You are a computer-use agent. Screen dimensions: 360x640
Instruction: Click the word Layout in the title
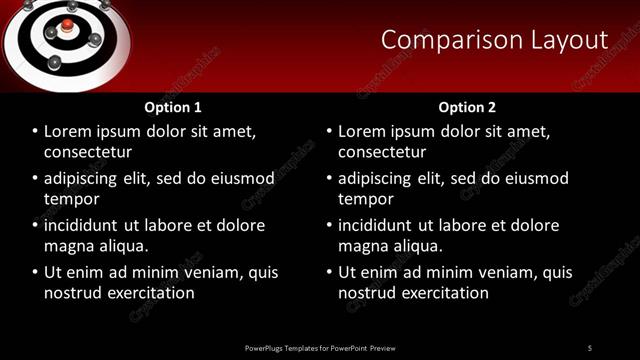(x=568, y=40)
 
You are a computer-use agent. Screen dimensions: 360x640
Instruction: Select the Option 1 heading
(x=173, y=107)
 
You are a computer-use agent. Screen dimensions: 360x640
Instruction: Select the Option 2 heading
(x=467, y=107)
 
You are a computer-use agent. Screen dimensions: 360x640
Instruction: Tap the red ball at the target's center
(x=66, y=25)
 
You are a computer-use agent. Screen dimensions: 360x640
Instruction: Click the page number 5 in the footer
(x=589, y=347)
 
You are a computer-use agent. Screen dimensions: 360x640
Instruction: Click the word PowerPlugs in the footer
(x=269, y=347)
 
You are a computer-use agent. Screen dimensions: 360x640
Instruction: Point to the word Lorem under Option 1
(x=69, y=131)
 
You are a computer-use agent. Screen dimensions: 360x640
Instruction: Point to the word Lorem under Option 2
(x=363, y=131)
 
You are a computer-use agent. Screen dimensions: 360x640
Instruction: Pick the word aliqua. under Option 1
(x=122, y=245)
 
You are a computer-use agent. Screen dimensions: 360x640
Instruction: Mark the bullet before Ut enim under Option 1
(x=35, y=272)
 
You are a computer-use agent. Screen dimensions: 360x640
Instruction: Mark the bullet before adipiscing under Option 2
(x=329, y=179)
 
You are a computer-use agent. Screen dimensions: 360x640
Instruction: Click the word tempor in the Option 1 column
(x=70, y=199)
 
